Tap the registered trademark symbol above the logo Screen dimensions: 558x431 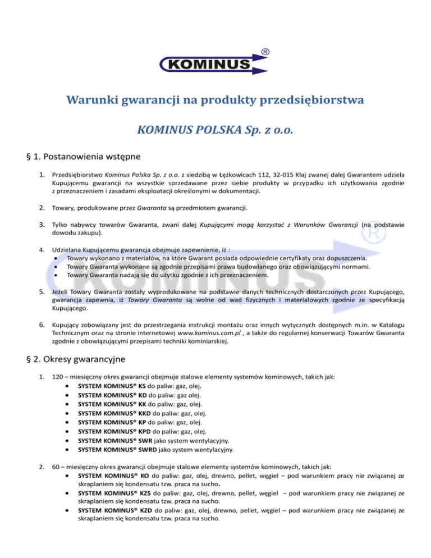point(264,52)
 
